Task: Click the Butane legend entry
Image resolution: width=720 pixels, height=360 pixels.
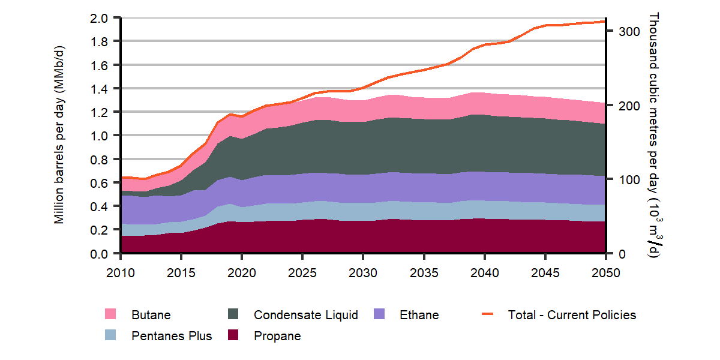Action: click(x=151, y=315)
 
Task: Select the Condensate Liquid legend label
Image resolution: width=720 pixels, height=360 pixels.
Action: click(x=305, y=315)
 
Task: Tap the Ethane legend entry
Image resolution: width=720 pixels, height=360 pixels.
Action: click(x=419, y=315)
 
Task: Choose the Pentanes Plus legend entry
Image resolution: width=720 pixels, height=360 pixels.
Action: click(x=172, y=336)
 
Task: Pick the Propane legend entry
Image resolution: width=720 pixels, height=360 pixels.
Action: click(x=277, y=336)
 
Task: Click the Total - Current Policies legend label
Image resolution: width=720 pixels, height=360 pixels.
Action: click(x=572, y=315)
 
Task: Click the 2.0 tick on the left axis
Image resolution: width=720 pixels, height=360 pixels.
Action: click(x=100, y=18)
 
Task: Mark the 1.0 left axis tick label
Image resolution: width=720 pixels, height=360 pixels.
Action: click(x=100, y=136)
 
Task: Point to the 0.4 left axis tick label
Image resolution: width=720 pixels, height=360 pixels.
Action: click(x=100, y=206)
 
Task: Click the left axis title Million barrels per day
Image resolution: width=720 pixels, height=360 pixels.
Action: click(x=59, y=136)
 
